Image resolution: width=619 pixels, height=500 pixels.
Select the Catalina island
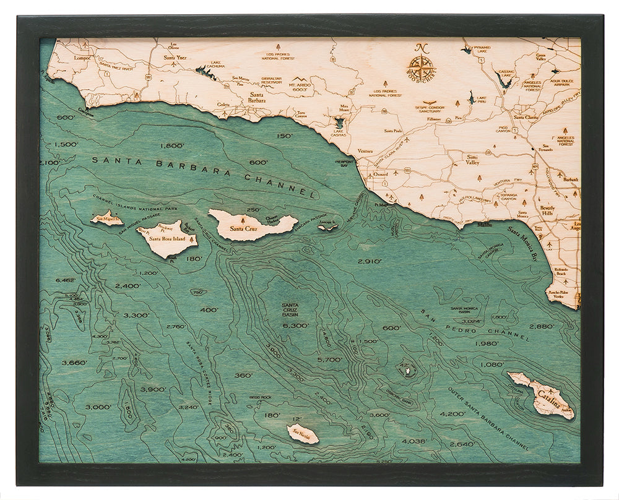tap(540, 395)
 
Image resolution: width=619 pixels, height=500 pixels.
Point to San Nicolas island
tap(303, 433)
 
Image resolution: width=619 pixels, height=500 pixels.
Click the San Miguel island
tap(106, 218)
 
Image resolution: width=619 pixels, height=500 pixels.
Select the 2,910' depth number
tap(370, 261)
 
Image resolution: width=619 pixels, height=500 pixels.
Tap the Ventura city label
tap(365, 151)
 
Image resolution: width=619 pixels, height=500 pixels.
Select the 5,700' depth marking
tap(329, 359)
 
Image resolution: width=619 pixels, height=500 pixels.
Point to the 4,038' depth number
tap(415, 441)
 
